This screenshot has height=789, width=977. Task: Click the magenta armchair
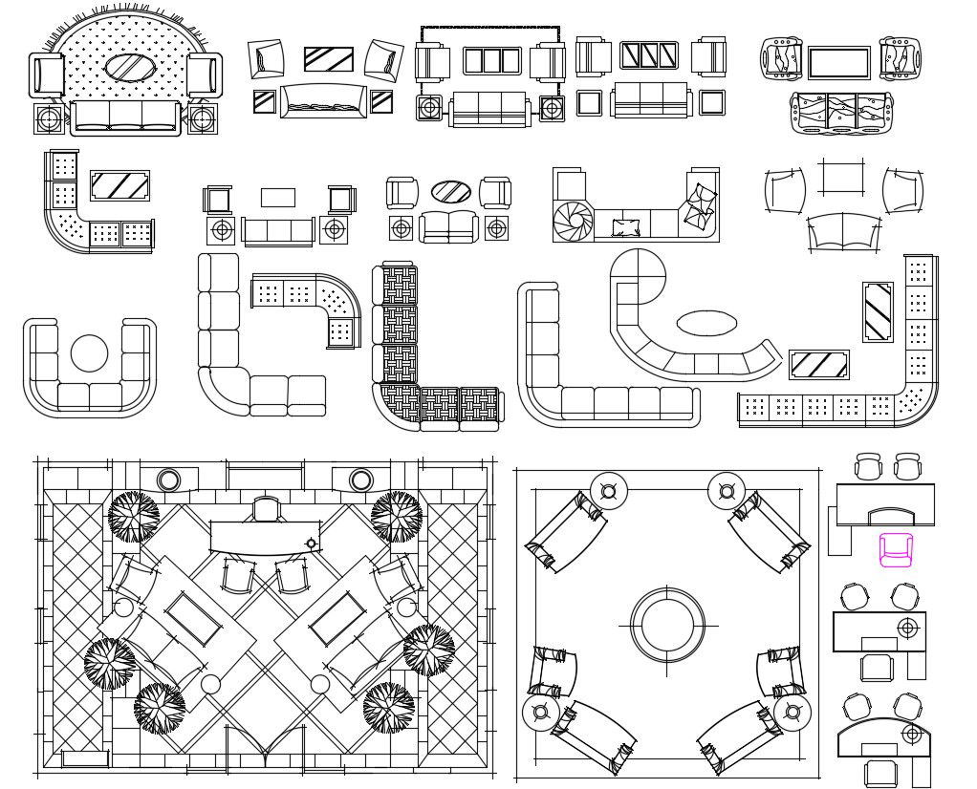click(x=896, y=550)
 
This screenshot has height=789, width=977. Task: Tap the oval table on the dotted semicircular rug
click(x=128, y=68)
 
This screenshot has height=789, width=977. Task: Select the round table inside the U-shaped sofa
click(x=89, y=353)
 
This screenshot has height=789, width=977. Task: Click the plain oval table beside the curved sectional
click(x=706, y=323)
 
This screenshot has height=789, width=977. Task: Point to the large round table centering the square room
click(x=667, y=625)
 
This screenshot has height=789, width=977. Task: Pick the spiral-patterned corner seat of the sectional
click(x=574, y=221)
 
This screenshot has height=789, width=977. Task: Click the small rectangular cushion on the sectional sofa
click(x=626, y=227)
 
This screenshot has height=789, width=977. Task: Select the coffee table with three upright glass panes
click(x=493, y=61)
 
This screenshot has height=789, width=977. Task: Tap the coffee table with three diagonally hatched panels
click(x=649, y=55)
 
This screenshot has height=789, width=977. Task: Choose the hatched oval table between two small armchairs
click(x=450, y=192)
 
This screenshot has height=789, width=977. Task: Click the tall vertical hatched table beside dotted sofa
click(x=878, y=311)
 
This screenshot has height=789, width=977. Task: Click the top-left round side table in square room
click(x=608, y=492)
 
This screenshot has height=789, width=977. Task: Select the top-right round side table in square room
click(x=727, y=492)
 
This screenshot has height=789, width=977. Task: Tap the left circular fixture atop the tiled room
click(x=169, y=480)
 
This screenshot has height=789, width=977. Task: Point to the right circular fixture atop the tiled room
click(x=361, y=480)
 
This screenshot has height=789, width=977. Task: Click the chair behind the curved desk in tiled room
click(x=266, y=508)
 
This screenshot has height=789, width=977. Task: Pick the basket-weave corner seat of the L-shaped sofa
click(x=399, y=403)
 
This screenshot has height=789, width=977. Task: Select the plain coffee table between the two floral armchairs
click(x=838, y=63)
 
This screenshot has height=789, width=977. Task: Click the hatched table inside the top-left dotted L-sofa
click(x=119, y=185)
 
